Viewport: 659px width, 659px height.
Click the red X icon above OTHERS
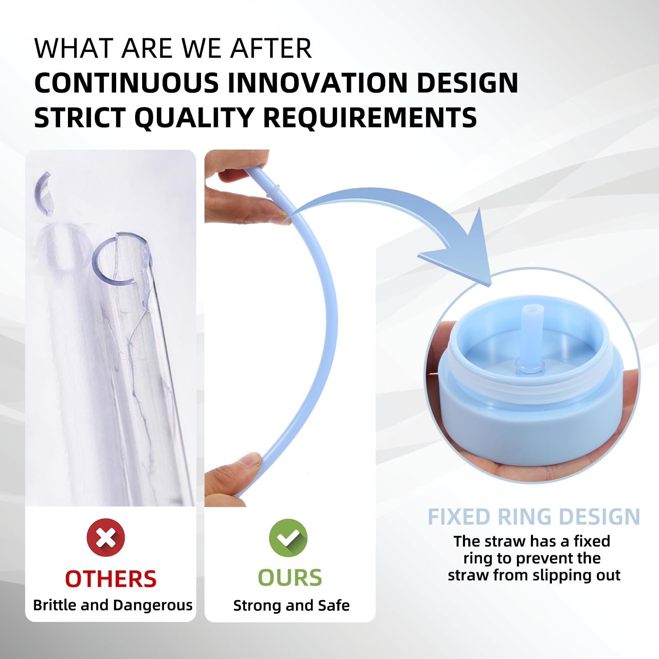click(x=106, y=537)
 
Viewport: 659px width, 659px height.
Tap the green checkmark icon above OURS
click(x=288, y=538)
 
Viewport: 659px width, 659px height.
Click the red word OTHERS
click(x=111, y=579)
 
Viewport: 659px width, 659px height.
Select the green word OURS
click(x=290, y=577)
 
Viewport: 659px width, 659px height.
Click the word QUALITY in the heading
click(x=194, y=118)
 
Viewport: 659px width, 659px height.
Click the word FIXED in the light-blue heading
click(x=459, y=517)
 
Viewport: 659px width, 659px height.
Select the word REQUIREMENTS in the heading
click(x=369, y=118)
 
